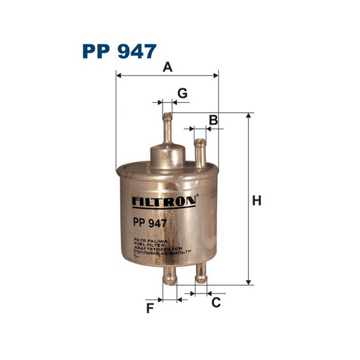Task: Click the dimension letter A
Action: click(167, 67)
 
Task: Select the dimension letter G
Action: click(182, 93)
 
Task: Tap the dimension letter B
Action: click(212, 119)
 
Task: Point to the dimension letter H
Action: click(257, 202)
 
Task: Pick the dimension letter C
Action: click(215, 302)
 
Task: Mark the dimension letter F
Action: click(151, 308)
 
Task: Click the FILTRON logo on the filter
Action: click(163, 202)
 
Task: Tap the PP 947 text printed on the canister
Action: click(149, 221)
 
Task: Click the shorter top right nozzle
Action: click(199, 153)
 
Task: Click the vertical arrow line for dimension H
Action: click(248, 198)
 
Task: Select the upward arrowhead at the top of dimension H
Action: click(248, 116)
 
